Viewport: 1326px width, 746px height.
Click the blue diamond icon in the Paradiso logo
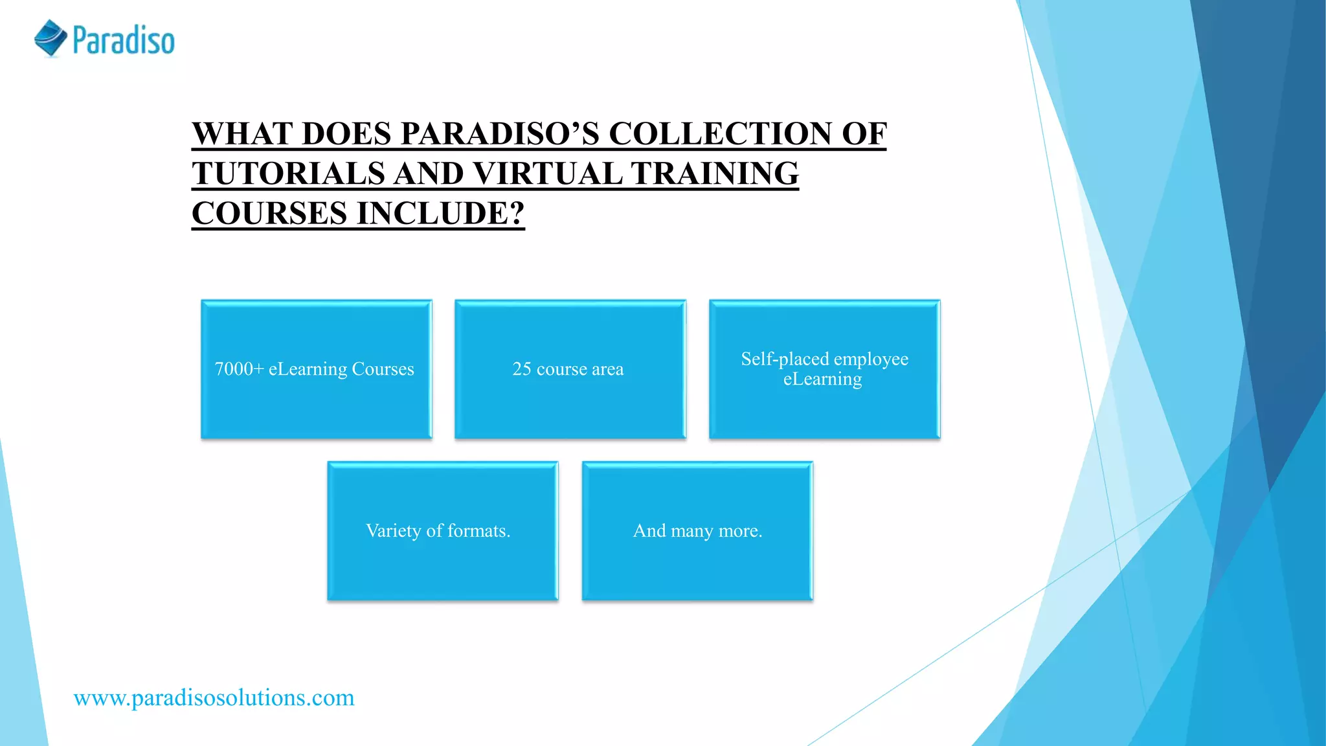click(x=51, y=38)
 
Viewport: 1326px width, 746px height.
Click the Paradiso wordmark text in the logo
click(x=124, y=40)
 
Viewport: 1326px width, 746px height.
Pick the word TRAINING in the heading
click(x=715, y=174)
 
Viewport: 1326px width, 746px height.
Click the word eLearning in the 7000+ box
click(x=308, y=369)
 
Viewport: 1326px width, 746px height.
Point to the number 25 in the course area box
click(x=522, y=369)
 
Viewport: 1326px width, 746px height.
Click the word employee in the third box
click(x=871, y=359)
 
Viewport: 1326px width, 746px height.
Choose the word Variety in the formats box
click(x=393, y=531)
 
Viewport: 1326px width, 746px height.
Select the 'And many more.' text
click(x=697, y=531)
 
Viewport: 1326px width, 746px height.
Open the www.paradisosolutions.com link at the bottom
click(x=214, y=698)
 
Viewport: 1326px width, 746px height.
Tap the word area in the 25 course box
click(x=607, y=369)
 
